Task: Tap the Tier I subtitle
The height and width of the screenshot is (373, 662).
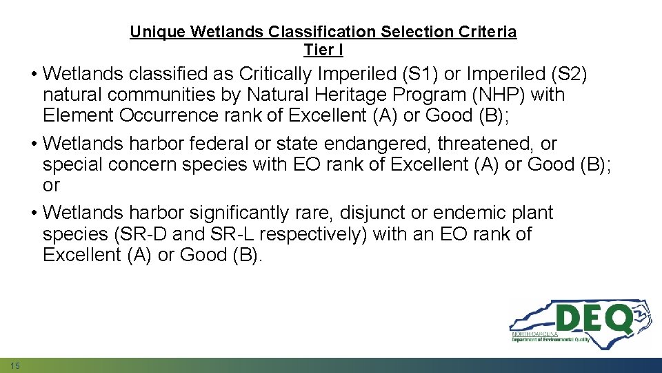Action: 323,50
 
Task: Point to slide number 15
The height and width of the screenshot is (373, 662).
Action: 15,365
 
